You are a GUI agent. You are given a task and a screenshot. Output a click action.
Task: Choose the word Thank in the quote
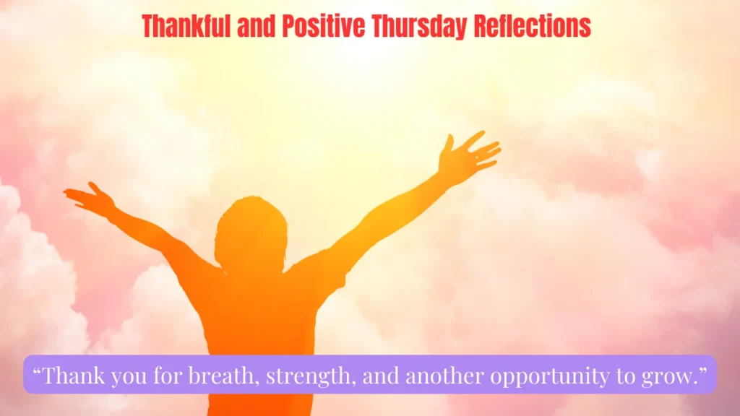(74, 376)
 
